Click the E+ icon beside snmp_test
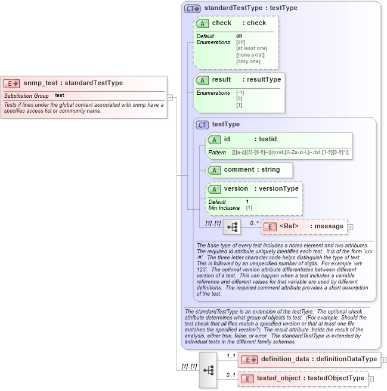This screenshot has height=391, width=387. pos(12,83)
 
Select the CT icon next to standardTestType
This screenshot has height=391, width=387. pos(192,8)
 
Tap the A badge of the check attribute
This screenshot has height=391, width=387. pos(203,23)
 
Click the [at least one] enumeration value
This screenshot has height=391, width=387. pos(252,48)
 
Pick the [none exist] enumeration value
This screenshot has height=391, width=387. pos(250,55)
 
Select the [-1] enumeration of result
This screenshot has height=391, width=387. pos(240,93)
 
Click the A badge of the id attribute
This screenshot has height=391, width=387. pos(214,139)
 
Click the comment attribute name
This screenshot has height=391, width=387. pos(239,170)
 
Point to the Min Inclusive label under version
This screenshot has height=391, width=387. pos(224,208)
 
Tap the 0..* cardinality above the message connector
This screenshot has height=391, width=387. pos(255,223)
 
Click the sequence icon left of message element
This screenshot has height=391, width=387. pos(231,227)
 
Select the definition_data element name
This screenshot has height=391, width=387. pos(284,359)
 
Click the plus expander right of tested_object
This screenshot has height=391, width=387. pos(371,378)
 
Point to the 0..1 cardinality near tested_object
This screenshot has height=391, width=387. pos(231,375)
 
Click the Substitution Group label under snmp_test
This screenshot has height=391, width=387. pos(26,95)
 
